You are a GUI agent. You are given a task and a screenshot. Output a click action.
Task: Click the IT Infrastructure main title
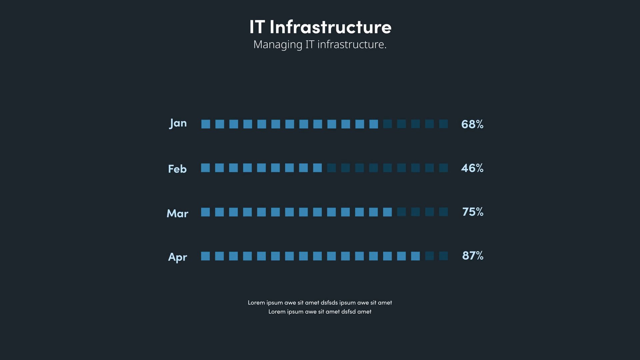[320, 27]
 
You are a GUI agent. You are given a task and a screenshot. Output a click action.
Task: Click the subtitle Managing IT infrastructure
[320, 44]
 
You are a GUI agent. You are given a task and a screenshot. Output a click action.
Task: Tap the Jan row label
[178, 123]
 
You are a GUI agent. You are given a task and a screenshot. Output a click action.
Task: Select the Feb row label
[177, 169]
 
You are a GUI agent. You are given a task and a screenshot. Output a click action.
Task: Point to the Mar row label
[177, 213]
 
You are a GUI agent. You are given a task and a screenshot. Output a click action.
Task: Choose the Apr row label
[177, 257]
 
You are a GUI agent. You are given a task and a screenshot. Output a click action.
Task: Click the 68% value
[472, 124]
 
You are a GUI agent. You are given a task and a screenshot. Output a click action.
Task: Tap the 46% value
[472, 168]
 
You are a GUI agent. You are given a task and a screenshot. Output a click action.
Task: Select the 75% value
[472, 212]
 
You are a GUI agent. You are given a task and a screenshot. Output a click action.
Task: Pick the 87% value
[472, 256]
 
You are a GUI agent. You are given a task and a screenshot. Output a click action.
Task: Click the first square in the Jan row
[206, 124]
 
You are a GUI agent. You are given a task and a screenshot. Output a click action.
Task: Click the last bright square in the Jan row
[374, 124]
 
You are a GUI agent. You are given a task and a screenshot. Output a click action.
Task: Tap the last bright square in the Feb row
[317, 168]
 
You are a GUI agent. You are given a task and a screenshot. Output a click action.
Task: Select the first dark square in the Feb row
[331, 168]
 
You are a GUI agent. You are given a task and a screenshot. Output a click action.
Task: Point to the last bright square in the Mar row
[387, 212]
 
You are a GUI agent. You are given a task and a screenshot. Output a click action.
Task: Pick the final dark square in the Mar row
[443, 212]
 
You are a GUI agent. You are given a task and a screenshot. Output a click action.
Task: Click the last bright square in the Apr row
[415, 256]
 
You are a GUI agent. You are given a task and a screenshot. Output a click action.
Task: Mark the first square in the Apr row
[205, 256]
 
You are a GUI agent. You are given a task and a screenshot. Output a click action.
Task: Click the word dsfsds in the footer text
[329, 303]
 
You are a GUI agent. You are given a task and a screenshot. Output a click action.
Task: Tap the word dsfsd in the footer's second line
[348, 312]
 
